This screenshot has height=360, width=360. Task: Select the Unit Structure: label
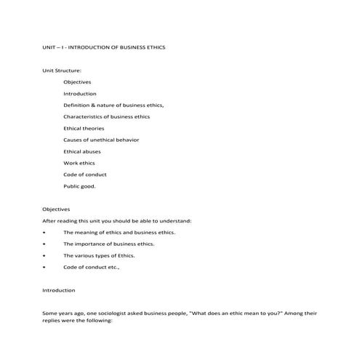[62, 71]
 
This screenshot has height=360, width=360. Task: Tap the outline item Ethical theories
[84, 128]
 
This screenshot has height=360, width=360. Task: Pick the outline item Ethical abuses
[82, 151]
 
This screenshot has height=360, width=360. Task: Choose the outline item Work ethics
[79, 163]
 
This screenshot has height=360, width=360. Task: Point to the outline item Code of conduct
[85, 175]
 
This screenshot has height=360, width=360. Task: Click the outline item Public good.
[79, 186]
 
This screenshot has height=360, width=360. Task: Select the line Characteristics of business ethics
[106, 116]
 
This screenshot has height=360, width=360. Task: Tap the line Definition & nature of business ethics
[113, 105]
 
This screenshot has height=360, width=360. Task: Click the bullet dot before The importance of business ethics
[45, 244]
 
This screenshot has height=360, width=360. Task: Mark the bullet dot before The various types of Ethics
[45, 255]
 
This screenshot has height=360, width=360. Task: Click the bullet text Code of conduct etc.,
[91, 267]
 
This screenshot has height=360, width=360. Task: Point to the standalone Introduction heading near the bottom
[59, 290]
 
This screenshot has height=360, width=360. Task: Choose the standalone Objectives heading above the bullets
[56, 209]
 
